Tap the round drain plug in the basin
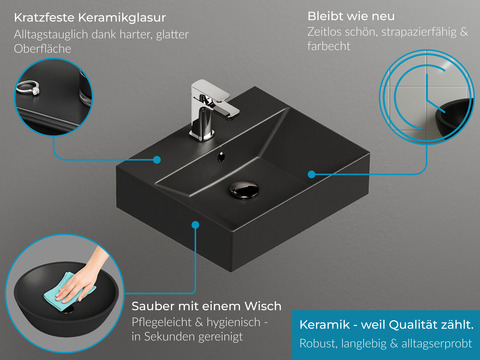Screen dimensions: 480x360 point(244,189)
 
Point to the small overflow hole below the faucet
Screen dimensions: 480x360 point(221,156)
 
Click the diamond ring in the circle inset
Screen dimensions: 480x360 point(28,88)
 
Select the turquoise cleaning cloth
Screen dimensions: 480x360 point(67,292)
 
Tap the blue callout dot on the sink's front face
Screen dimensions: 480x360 point(195,225)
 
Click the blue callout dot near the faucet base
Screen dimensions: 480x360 point(157,160)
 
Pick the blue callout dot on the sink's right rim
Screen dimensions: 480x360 point(312,174)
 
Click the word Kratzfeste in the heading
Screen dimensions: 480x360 point(44,18)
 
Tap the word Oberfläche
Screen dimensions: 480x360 point(43,49)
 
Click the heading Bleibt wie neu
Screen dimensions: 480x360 point(351,16)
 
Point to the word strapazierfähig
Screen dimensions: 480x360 point(419,32)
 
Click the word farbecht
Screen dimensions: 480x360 point(329,46)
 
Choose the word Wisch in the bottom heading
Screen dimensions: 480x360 point(263,306)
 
